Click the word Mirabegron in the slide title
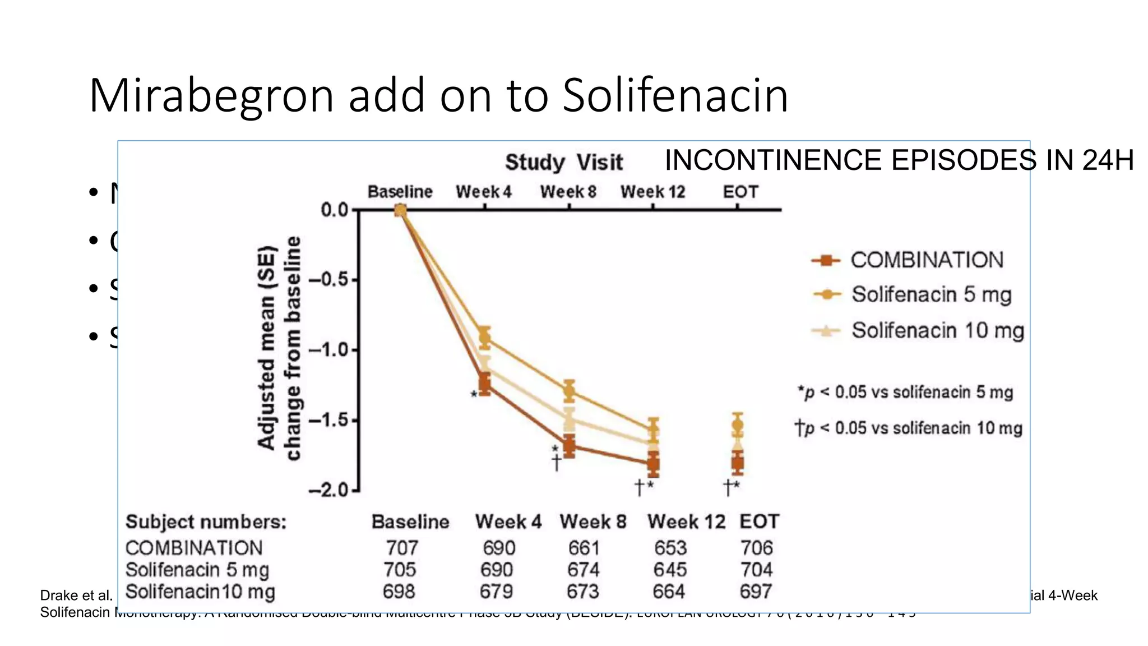pyautogui.click(x=211, y=95)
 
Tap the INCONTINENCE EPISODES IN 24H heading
pyautogui.click(x=899, y=160)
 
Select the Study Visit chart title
pyautogui.click(x=563, y=163)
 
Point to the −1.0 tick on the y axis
pyautogui.click(x=333, y=350)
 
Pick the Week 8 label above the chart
pyautogui.click(x=568, y=192)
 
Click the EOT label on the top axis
pyautogui.click(x=740, y=192)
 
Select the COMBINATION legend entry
pyautogui.click(x=927, y=260)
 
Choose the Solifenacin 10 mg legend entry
pyautogui.click(x=937, y=330)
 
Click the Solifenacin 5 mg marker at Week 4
pyautogui.click(x=485, y=338)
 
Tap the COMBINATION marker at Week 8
pyautogui.click(x=569, y=447)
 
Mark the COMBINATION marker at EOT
pyautogui.click(x=738, y=463)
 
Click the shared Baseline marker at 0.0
pyautogui.click(x=400, y=210)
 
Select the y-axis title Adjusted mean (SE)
pyautogui.click(x=267, y=348)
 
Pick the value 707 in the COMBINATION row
pyautogui.click(x=402, y=548)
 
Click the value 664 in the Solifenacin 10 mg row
pyautogui.click(x=669, y=592)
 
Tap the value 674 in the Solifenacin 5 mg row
pyautogui.click(x=583, y=570)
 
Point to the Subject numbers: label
pyautogui.click(x=206, y=522)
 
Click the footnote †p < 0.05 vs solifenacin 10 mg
pyautogui.click(x=909, y=428)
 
